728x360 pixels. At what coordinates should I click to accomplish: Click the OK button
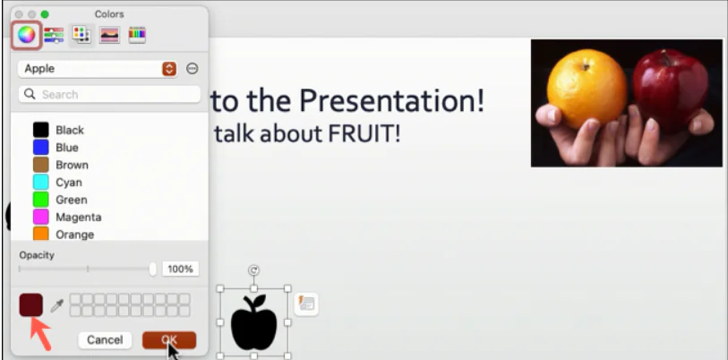(168, 340)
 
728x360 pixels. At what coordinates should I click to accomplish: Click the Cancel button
(105, 340)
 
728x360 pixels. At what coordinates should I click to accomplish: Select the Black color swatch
(41, 130)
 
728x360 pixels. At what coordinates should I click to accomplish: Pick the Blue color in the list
(41, 148)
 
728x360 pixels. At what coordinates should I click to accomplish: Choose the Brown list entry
(41, 165)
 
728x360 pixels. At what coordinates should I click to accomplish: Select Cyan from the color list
(41, 183)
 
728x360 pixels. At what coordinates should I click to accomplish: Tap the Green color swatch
(41, 200)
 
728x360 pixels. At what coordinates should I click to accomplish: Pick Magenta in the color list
(41, 217)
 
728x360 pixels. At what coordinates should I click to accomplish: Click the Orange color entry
(41, 235)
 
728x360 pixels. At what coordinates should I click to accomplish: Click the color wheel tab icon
(26, 36)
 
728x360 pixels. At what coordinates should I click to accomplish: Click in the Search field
(109, 94)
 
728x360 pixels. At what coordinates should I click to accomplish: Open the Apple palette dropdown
(168, 69)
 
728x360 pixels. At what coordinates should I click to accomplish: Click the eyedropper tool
(56, 306)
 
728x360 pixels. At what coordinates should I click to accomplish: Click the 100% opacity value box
(181, 269)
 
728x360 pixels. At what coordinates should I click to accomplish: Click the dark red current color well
(30, 304)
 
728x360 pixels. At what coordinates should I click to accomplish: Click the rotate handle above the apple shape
(253, 270)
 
